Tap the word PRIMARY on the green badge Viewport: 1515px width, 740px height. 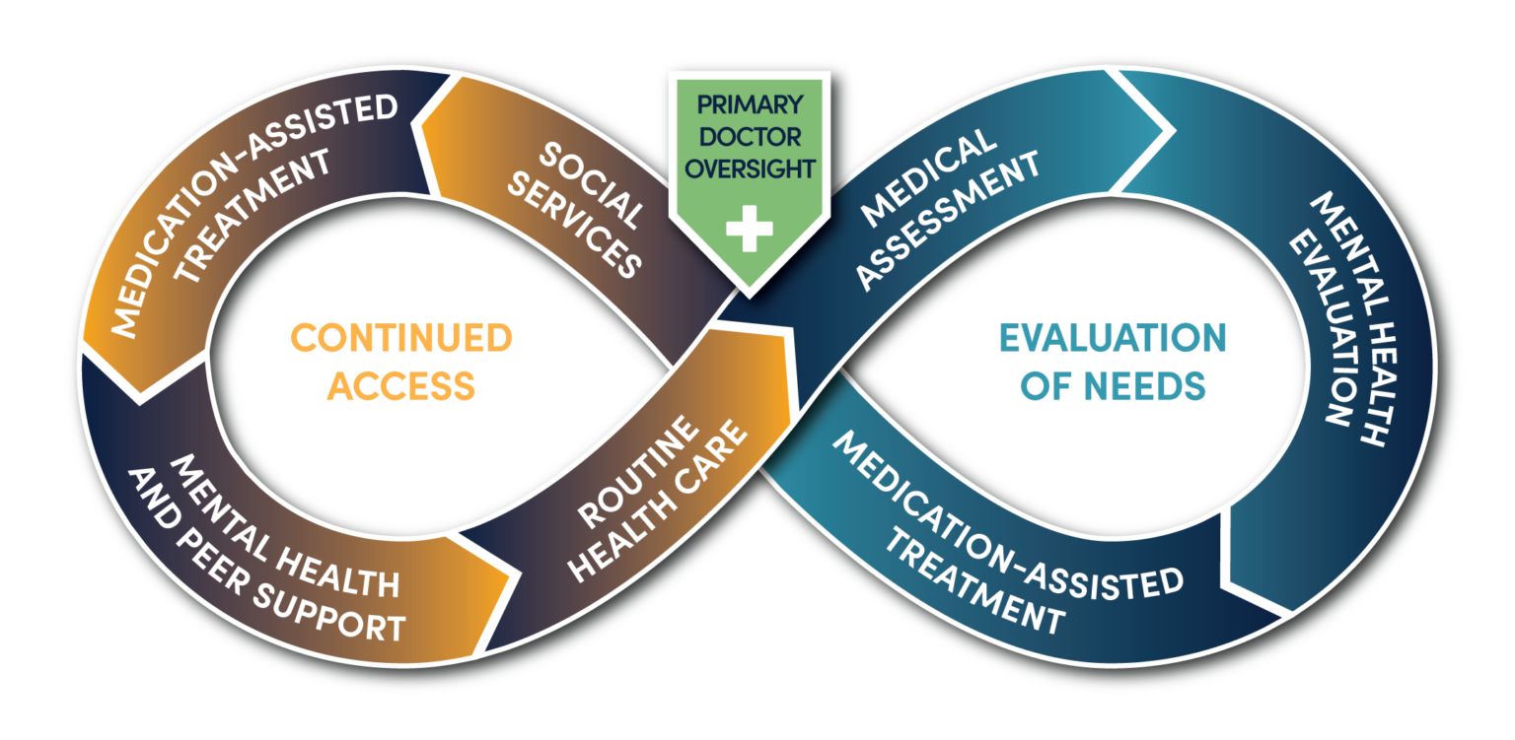[749, 104]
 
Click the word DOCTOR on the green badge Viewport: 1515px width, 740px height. [749, 136]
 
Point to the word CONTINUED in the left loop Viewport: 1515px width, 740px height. [401, 339]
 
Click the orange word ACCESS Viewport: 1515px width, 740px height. [401, 386]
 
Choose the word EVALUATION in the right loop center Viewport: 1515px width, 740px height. [1113, 339]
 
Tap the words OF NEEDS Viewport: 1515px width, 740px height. [1113, 386]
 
